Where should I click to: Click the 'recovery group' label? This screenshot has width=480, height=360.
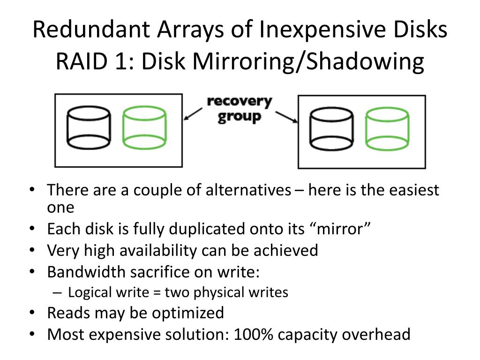click(239, 109)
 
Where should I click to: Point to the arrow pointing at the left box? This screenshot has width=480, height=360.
click(193, 114)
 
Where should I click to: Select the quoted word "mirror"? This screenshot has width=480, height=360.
click(341, 229)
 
